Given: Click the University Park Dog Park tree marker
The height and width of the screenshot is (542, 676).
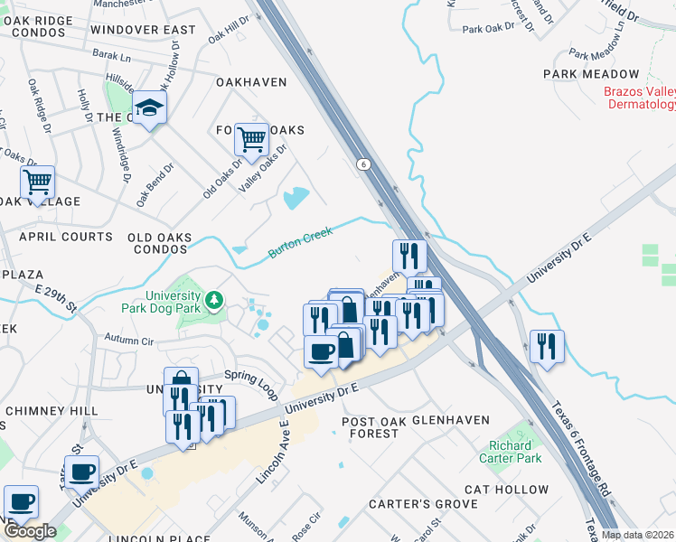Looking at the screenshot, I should (x=215, y=299).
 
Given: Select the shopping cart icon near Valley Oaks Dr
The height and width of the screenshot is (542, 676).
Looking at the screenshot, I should (x=251, y=139).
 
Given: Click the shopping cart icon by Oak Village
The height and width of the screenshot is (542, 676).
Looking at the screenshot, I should (x=37, y=182).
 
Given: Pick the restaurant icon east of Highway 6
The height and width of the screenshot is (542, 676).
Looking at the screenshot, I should (x=547, y=346).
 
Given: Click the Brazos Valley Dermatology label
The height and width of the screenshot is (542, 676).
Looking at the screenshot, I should (x=640, y=98).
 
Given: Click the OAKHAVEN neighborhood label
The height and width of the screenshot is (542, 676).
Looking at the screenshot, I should (x=251, y=82).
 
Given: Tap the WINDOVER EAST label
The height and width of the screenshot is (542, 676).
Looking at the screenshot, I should (x=143, y=30).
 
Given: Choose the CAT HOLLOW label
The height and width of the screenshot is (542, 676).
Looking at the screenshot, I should (x=506, y=490).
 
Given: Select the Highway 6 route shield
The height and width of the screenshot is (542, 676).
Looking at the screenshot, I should (x=363, y=164).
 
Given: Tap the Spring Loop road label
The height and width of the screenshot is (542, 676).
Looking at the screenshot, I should (x=250, y=378).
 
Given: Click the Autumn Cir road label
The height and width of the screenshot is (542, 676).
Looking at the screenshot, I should (x=130, y=341).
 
